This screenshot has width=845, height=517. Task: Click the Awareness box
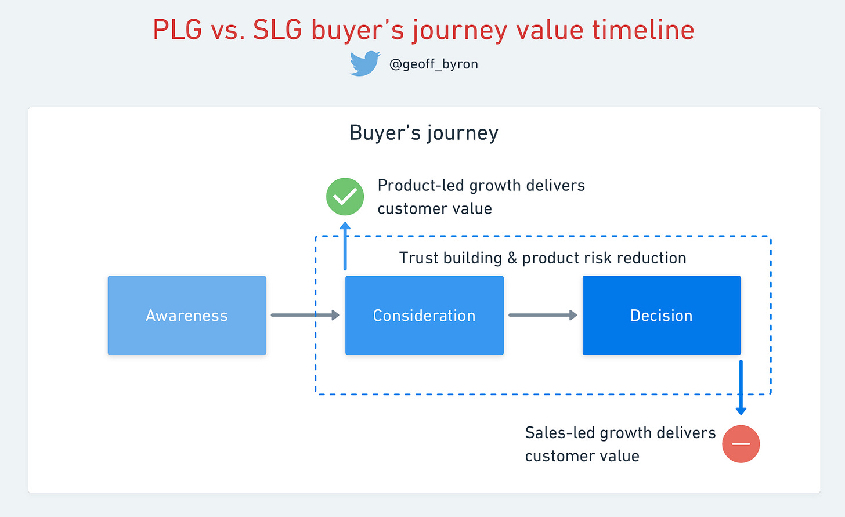(187, 315)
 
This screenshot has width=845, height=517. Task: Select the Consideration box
(424, 315)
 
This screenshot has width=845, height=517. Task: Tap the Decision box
(662, 315)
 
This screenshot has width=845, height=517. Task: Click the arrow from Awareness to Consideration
(305, 315)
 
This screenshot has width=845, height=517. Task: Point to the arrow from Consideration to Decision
(542, 315)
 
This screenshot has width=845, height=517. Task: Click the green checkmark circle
(345, 197)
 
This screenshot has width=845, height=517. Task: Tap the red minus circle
(741, 444)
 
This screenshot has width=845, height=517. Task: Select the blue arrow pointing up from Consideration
(345, 246)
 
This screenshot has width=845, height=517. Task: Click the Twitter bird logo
(364, 63)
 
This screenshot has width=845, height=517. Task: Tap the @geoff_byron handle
(434, 64)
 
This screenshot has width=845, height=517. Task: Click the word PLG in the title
(177, 30)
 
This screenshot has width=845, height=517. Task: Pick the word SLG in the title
(277, 30)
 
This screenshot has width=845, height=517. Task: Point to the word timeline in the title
(643, 30)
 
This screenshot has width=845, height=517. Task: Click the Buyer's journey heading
(424, 133)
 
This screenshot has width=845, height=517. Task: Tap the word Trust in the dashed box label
(418, 258)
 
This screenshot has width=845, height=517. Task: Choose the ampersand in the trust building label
(512, 258)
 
